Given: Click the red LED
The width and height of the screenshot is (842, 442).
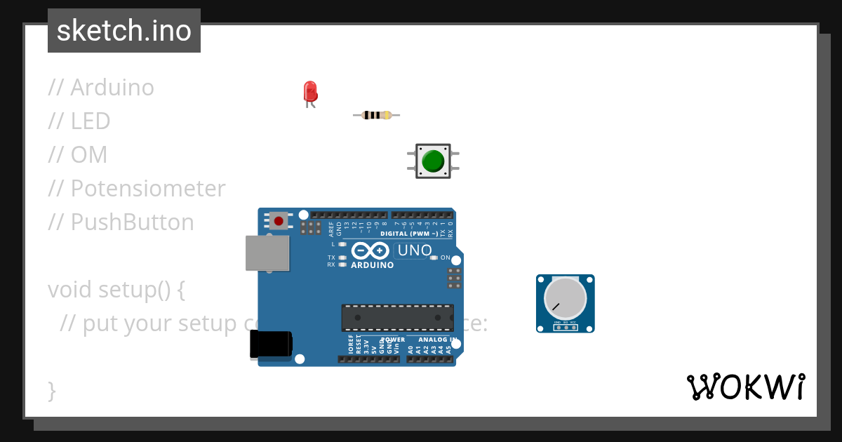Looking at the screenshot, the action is click(x=310, y=91).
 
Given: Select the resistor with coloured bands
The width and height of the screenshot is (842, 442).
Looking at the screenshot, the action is click(x=377, y=115).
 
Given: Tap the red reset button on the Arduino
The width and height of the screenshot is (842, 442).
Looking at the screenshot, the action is click(x=279, y=221).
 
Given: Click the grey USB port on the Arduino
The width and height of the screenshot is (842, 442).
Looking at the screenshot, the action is click(x=267, y=253).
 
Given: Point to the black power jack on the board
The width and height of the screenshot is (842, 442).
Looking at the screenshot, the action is click(x=270, y=344).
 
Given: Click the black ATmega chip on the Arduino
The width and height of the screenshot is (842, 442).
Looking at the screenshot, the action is click(x=397, y=317).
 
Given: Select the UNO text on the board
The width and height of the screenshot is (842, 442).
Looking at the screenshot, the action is click(x=414, y=250).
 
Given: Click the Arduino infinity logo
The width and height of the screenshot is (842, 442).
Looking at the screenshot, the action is click(x=370, y=250).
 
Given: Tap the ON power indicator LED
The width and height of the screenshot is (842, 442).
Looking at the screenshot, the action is click(x=434, y=257).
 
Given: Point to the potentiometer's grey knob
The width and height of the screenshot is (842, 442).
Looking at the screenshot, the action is click(x=565, y=298).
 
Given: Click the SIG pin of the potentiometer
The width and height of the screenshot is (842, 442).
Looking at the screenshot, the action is click(x=566, y=327).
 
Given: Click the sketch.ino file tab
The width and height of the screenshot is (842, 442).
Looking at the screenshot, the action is click(x=124, y=31).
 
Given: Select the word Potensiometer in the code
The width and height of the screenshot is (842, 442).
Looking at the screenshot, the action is click(x=148, y=189).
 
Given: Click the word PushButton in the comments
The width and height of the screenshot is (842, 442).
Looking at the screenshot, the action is click(x=132, y=222).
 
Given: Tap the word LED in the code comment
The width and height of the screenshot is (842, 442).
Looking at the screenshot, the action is click(x=91, y=121).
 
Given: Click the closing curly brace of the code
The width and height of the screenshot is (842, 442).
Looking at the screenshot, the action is click(x=51, y=390).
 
